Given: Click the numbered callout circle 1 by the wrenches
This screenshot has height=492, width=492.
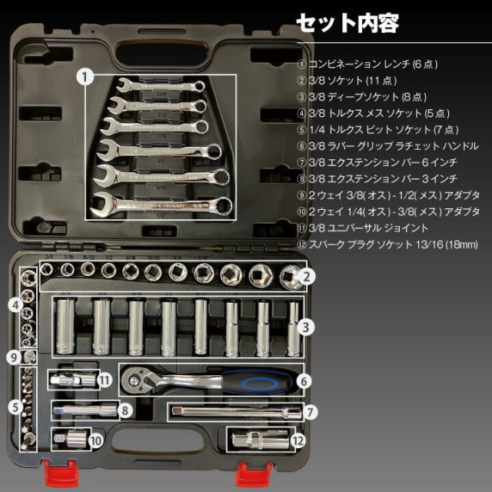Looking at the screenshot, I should click(x=87, y=76).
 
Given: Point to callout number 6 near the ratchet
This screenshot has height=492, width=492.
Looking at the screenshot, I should click(x=304, y=380).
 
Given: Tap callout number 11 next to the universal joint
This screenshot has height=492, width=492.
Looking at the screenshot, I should click(x=105, y=379).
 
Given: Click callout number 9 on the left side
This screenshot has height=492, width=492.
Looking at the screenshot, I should click(x=13, y=357).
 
